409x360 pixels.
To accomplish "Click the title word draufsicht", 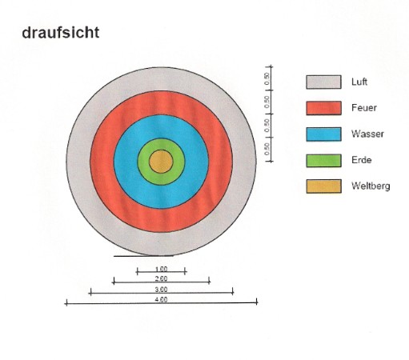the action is [x=61, y=33].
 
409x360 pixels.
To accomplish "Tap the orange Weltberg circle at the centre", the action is [x=161, y=162].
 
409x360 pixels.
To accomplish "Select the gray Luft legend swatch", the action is [x=323, y=82].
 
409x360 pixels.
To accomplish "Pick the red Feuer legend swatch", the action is [x=323, y=108].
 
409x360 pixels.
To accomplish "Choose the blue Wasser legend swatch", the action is [x=323, y=134].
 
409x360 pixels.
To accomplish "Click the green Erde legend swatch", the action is [x=323, y=161].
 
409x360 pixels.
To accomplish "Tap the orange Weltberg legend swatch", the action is [x=323, y=186].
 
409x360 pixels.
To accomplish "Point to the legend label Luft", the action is [x=359, y=82].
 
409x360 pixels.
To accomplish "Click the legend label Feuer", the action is [x=364, y=108].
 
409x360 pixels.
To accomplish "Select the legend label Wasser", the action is [x=367, y=134].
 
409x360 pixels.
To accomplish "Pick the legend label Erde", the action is [x=362, y=160].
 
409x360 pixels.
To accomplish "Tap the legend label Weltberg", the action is [x=371, y=186].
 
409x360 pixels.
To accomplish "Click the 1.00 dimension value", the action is [x=161, y=269].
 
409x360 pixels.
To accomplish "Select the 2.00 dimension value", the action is [x=161, y=278].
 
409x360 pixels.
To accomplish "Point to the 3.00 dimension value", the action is [x=161, y=290].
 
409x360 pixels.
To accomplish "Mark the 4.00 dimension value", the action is [x=161, y=299].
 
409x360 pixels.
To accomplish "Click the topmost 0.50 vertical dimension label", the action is [x=267, y=78].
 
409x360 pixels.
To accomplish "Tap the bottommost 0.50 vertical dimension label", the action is [x=267, y=150].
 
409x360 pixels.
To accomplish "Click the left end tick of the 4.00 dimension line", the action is [x=66, y=302].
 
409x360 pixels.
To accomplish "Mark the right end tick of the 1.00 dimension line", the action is [x=185, y=272].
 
